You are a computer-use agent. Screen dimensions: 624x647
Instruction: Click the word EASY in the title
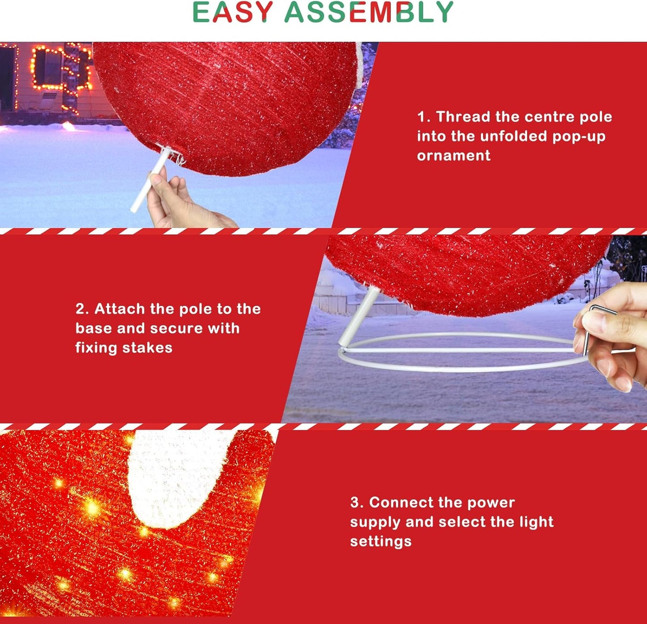pyautogui.click(x=232, y=12)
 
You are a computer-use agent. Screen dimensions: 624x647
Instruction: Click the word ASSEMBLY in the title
pyautogui.click(x=369, y=12)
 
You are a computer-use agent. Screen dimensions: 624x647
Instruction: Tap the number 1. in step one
pyautogui.click(x=424, y=117)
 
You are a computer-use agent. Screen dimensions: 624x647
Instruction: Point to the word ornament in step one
pyautogui.click(x=454, y=156)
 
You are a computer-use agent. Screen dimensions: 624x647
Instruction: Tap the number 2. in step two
pyautogui.click(x=82, y=309)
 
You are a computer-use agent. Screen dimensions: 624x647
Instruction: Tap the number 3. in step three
pyautogui.click(x=357, y=503)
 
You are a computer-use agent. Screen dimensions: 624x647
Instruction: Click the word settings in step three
pyautogui.click(x=381, y=541)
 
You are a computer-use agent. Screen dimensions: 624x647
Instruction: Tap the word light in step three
pyautogui.click(x=536, y=522)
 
